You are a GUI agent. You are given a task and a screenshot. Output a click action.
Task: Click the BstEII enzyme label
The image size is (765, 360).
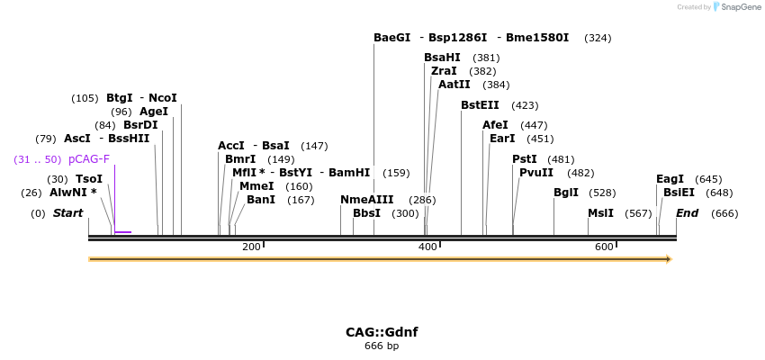(480, 105)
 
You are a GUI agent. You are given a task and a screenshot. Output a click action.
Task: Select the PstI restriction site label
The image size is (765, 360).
(524, 159)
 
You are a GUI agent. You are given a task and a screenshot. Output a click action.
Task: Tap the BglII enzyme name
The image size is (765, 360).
(566, 193)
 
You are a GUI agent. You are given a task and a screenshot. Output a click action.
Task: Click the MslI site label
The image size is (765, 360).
(600, 213)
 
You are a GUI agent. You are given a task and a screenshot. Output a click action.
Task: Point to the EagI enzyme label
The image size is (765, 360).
(670, 179)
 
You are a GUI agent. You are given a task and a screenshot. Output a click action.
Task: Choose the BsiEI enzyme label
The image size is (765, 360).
(679, 193)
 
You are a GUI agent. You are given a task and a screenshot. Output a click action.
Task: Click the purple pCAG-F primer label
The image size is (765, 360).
(89, 159)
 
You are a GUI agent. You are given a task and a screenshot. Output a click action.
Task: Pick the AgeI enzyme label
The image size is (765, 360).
(153, 112)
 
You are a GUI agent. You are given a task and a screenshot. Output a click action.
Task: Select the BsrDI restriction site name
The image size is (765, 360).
(140, 125)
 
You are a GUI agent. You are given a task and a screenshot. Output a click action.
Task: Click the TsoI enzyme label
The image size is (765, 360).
(88, 179)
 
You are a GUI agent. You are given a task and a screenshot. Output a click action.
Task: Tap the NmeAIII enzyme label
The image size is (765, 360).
(366, 200)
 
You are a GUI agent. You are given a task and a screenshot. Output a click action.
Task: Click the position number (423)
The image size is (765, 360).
(525, 105)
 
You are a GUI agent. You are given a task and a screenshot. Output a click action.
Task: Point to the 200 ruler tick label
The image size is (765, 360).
(251, 247)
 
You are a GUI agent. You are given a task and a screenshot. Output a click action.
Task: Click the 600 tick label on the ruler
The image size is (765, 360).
(604, 247)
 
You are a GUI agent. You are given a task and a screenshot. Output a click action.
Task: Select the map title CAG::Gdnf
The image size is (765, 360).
(382, 332)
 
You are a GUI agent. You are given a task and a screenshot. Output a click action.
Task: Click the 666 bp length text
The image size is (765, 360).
(382, 346)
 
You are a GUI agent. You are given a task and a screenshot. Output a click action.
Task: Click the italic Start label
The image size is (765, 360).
(67, 213)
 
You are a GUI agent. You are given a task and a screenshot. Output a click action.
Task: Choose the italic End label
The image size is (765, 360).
(687, 213)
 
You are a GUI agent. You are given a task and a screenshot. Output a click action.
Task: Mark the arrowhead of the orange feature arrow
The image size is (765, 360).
(669, 259)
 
